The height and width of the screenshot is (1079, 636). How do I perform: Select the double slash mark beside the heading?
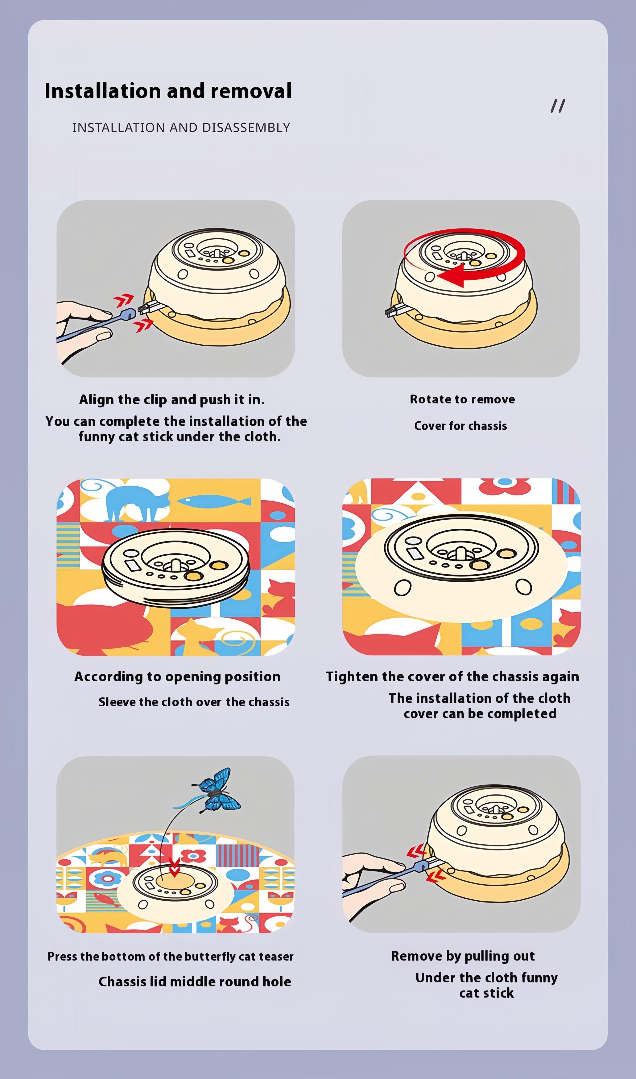click(558, 106)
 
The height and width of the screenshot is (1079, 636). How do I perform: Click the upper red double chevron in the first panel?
click(124, 300)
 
